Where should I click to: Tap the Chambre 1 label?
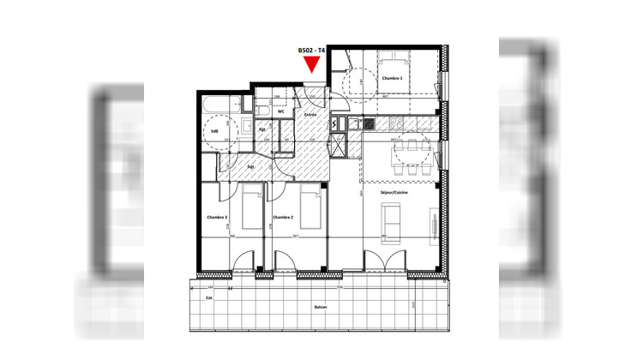[392, 78]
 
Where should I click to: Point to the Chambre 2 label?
[283, 218]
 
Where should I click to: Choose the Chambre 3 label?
[216, 218]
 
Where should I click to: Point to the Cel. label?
[209, 297]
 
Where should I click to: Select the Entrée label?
[309, 113]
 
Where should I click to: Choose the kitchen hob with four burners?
[369, 124]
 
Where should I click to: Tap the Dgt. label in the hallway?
[251, 166]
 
